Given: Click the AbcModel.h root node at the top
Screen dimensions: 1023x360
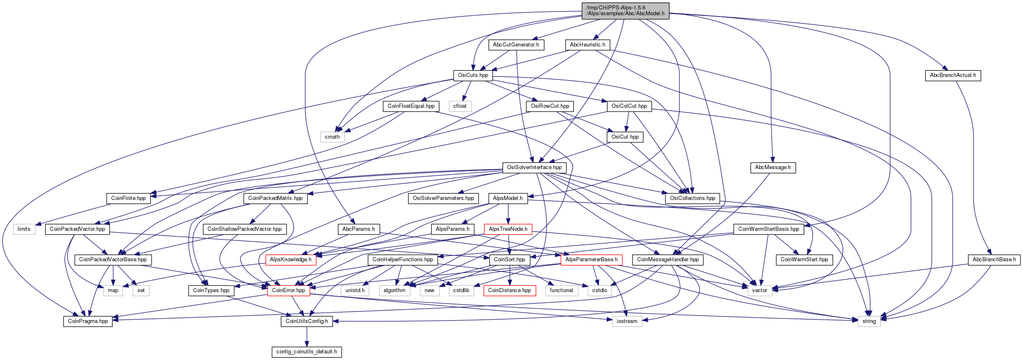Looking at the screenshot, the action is click(x=625, y=11).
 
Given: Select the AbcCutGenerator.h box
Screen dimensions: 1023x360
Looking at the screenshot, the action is click(x=516, y=45).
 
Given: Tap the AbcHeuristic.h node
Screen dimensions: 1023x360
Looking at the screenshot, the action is click(x=588, y=45).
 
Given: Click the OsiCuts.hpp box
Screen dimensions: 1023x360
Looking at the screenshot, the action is click(x=473, y=75).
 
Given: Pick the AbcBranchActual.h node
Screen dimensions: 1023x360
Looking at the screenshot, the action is click(x=953, y=75).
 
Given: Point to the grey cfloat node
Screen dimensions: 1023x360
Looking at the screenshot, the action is click(x=460, y=106).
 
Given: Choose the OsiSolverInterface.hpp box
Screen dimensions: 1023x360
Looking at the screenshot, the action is click(x=535, y=167).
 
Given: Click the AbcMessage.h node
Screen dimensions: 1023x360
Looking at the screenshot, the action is click(x=773, y=167).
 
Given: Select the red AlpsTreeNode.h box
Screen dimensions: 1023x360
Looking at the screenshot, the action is click(x=508, y=229).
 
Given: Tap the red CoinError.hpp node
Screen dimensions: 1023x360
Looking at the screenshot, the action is click(x=288, y=290).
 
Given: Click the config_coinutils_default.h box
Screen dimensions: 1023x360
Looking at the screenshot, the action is click(x=307, y=352).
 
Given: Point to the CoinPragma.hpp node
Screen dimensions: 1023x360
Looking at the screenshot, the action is click(x=88, y=321).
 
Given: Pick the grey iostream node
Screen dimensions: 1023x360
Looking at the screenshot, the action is click(x=627, y=321).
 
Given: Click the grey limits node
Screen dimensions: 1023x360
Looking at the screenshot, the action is click(x=24, y=229).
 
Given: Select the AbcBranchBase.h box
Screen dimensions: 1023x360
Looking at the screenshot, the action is click(x=994, y=260).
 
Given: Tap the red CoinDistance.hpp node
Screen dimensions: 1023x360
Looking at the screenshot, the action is click(x=509, y=290).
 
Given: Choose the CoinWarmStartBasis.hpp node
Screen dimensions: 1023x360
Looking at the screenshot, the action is click(x=769, y=229).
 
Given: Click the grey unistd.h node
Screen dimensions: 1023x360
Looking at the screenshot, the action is click(x=355, y=290).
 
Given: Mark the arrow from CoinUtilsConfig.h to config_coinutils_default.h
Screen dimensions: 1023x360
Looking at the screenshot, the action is click(x=307, y=337).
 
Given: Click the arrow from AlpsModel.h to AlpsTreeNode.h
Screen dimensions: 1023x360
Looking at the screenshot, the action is click(x=508, y=214).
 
